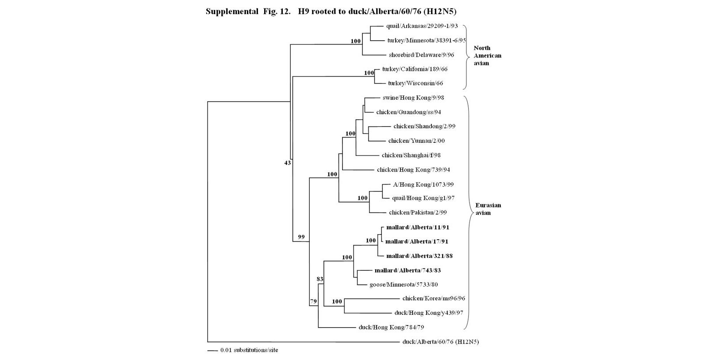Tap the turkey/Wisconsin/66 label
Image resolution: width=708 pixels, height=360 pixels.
pos(415,83)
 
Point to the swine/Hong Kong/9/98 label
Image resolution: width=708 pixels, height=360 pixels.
pos(413,98)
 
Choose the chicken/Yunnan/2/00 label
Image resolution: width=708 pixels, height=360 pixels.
pos(416,141)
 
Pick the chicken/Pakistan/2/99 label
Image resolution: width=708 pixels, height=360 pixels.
pos(418,212)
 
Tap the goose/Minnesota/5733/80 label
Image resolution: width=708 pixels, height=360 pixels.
pos(404,284)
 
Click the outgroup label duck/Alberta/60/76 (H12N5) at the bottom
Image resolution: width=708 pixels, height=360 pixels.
pos(440,342)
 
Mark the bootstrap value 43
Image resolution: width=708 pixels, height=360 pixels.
pos(288,163)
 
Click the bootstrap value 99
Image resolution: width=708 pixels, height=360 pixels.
pos(301,237)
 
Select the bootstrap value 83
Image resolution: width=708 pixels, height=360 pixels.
pos(320,279)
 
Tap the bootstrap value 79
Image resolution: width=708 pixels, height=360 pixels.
pos(313,302)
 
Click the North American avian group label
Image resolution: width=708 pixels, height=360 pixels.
pos(487,55)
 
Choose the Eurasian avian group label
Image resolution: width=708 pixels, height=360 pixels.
pos(488,209)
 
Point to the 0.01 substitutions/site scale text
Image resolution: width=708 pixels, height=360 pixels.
pos(249,350)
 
